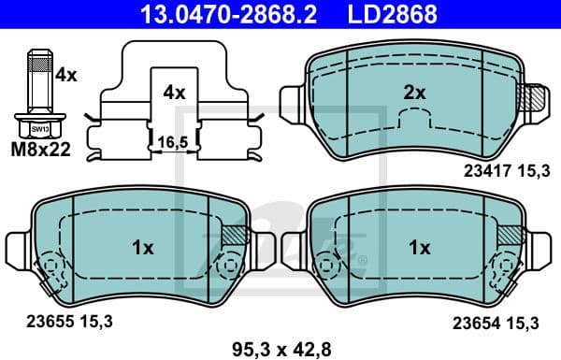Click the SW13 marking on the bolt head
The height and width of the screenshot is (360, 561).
pyautogui.click(x=38, y=128)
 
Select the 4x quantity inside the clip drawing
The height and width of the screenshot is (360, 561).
pyautogui.click(x=175, y=93)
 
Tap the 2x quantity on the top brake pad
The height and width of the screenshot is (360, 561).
pyautogui.click(x=414, y=93)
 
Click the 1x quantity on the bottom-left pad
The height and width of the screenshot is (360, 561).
pyautogui.click(x=142, y=248)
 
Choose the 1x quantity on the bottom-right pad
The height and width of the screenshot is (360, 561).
pyautogui.click(x=419, y=248)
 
